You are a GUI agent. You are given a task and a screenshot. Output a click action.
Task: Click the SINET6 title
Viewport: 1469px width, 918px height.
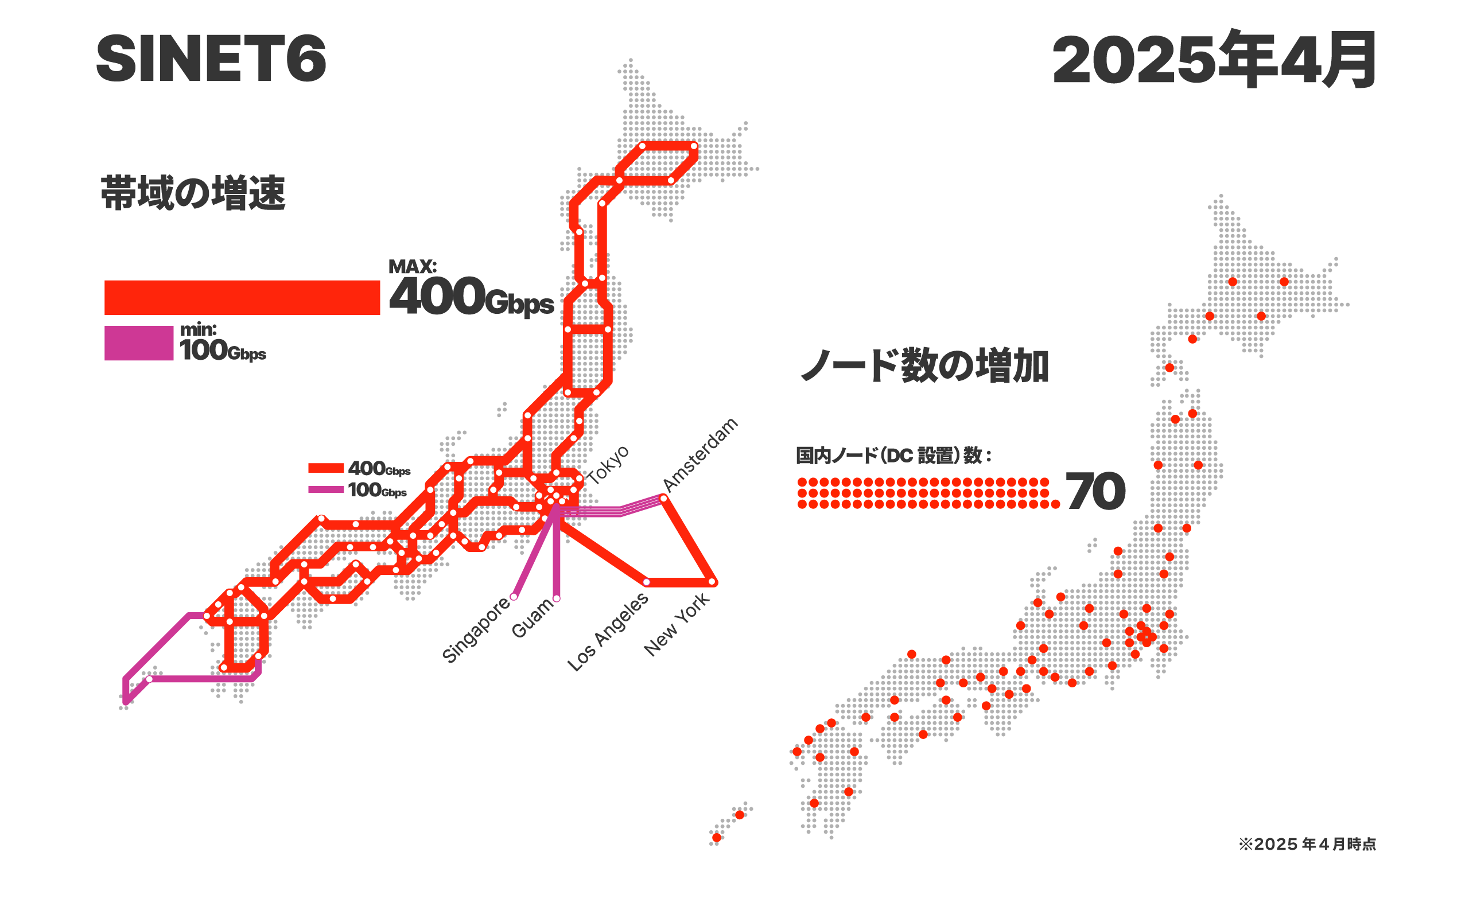[211, 59]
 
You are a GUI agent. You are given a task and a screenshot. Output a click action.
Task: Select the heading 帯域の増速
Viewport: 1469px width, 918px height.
[192, 193]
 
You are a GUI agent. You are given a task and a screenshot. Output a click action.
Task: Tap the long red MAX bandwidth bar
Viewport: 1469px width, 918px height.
[242, 298]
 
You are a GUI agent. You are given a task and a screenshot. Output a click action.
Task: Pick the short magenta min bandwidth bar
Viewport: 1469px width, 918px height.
[138, 343]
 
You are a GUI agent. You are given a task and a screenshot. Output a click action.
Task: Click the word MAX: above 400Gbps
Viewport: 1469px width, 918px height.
[412, 267]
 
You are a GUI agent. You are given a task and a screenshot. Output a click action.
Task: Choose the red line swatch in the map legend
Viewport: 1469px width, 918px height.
[326, 468]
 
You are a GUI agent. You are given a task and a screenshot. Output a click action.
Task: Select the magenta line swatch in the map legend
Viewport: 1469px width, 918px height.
[326, 489]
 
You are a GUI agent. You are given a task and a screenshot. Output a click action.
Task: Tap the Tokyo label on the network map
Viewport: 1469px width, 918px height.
[608, 465]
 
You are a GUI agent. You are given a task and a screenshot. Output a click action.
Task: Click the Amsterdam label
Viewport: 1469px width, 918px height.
[700, 454]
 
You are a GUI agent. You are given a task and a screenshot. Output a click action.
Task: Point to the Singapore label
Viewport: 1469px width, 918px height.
[476, 629]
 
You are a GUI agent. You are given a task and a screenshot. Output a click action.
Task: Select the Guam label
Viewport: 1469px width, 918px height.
[533, 618]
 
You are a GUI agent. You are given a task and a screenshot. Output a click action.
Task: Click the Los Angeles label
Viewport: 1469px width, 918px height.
[608, 632]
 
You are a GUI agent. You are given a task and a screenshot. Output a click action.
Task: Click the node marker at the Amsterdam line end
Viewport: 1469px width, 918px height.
[663, 499]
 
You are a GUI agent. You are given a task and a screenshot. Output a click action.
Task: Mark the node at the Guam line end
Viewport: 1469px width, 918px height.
[556, 598]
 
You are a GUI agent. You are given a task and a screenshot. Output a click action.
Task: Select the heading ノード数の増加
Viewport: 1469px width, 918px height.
[924, 366]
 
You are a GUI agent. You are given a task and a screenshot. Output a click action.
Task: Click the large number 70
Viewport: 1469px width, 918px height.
[1094, 491]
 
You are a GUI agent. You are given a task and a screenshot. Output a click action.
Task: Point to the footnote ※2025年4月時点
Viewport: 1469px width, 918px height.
[1307, 844]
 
